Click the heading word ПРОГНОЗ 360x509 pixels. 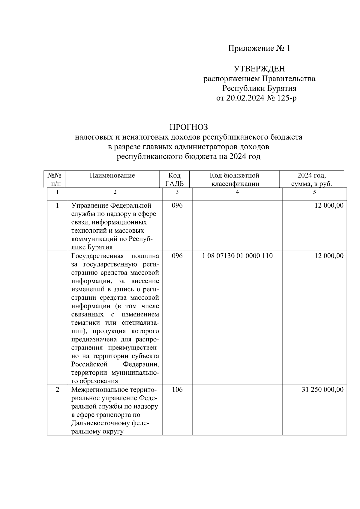tap(188, 127)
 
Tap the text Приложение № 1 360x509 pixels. tap(259, 48)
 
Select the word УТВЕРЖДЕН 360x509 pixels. tap(259, 69)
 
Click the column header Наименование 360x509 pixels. tap(112, 175)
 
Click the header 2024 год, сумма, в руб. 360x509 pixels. tap(311, 180)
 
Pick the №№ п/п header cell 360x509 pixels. tap(55, 180)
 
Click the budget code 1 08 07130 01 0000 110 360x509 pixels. tap(238, 256)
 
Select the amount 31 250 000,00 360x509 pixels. tap(322, 390)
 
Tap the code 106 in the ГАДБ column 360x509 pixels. tap(177, 390)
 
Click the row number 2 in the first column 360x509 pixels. tap(57, 390)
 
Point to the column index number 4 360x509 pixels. tap(237, 192)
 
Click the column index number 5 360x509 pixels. tap(314, 192)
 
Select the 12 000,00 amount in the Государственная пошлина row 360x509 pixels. tap(329, 256)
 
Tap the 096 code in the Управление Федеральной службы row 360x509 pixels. tap(177, 205)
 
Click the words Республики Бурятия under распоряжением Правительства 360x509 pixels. tap(259, 88)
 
